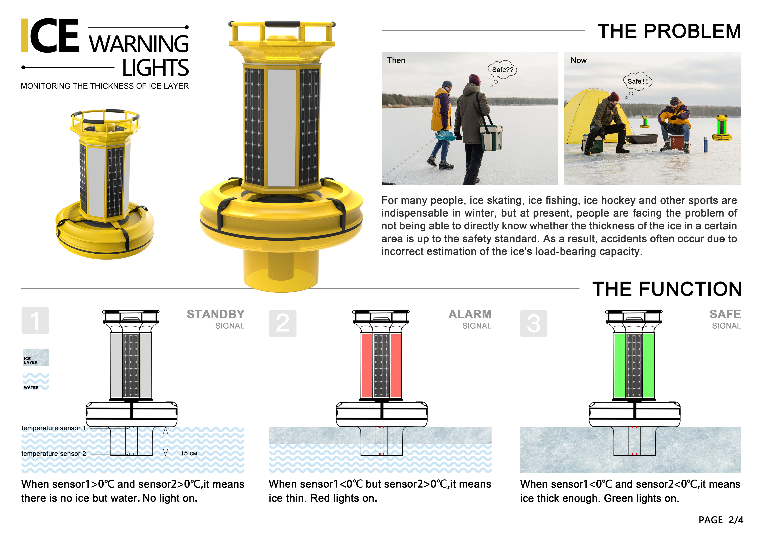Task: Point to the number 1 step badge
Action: click(35, 320)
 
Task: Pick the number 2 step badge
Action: click(282, 323)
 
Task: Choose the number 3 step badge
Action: click(533, 323)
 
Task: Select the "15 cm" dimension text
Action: click(189, 453)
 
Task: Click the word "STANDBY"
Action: click(216, 314)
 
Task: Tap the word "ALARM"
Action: click(470, 314)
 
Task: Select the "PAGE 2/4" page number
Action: click(721, 520)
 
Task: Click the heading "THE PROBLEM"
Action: click(669, 31)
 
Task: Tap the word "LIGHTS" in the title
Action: click(155, 68)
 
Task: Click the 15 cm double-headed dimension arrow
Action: click(165, 441)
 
